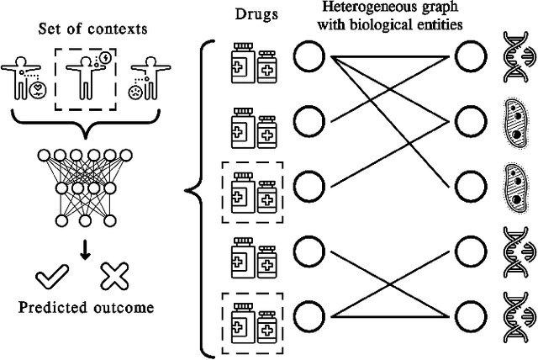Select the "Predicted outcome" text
[x=85, y=307]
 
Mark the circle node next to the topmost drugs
[x=308, y=58]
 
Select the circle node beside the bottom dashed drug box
[x=308, y=315]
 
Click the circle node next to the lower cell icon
[x=469, y=183]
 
